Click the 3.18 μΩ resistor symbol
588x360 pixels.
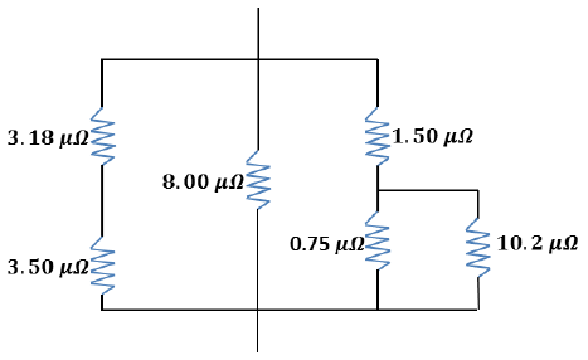(102, 135)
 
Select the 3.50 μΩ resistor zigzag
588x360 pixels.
(102, 265)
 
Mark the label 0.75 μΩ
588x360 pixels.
(327, 244)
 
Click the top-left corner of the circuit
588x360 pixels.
(102, 60)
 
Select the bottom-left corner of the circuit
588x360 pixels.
(102, 310)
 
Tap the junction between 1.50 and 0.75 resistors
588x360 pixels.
(377, 189)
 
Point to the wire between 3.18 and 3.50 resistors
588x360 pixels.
(102, 200)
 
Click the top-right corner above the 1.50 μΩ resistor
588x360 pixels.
(377, 60)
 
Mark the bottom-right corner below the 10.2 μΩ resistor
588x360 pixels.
(478, 310)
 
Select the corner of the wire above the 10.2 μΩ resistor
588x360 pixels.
(478, 189)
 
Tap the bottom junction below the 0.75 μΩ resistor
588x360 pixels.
(377, 310)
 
